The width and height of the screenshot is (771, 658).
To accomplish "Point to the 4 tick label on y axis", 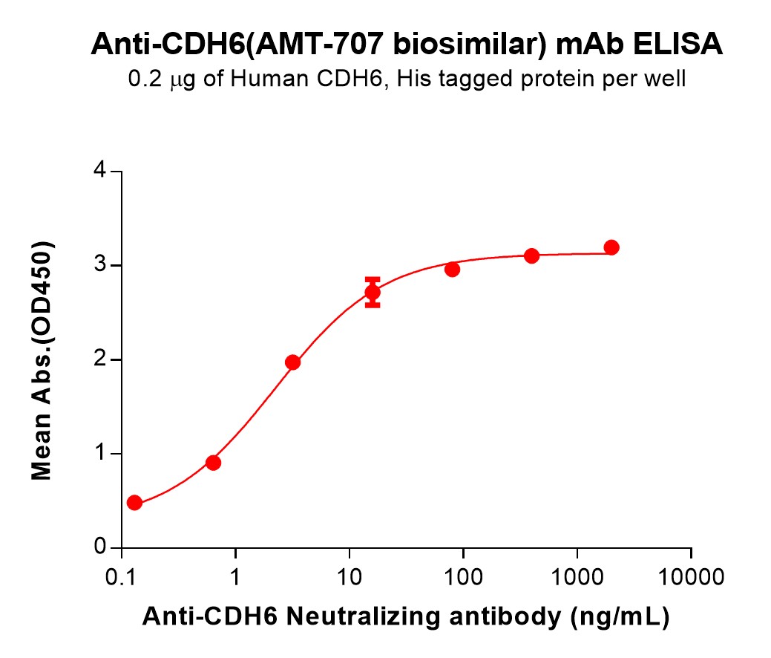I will (98, 172).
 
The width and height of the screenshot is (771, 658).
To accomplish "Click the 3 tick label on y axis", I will (98, 266).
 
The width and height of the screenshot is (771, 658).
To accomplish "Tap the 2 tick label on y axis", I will (98, 359).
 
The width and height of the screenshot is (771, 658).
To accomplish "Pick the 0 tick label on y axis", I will (98, 548).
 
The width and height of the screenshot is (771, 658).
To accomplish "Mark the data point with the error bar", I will (373, 293).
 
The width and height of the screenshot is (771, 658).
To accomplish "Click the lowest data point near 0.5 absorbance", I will (134, 503).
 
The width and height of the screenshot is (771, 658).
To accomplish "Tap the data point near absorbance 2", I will (293, 362).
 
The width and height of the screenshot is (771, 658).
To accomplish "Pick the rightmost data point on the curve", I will (611, 247).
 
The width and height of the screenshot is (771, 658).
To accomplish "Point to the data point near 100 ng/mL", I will (452, 269).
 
